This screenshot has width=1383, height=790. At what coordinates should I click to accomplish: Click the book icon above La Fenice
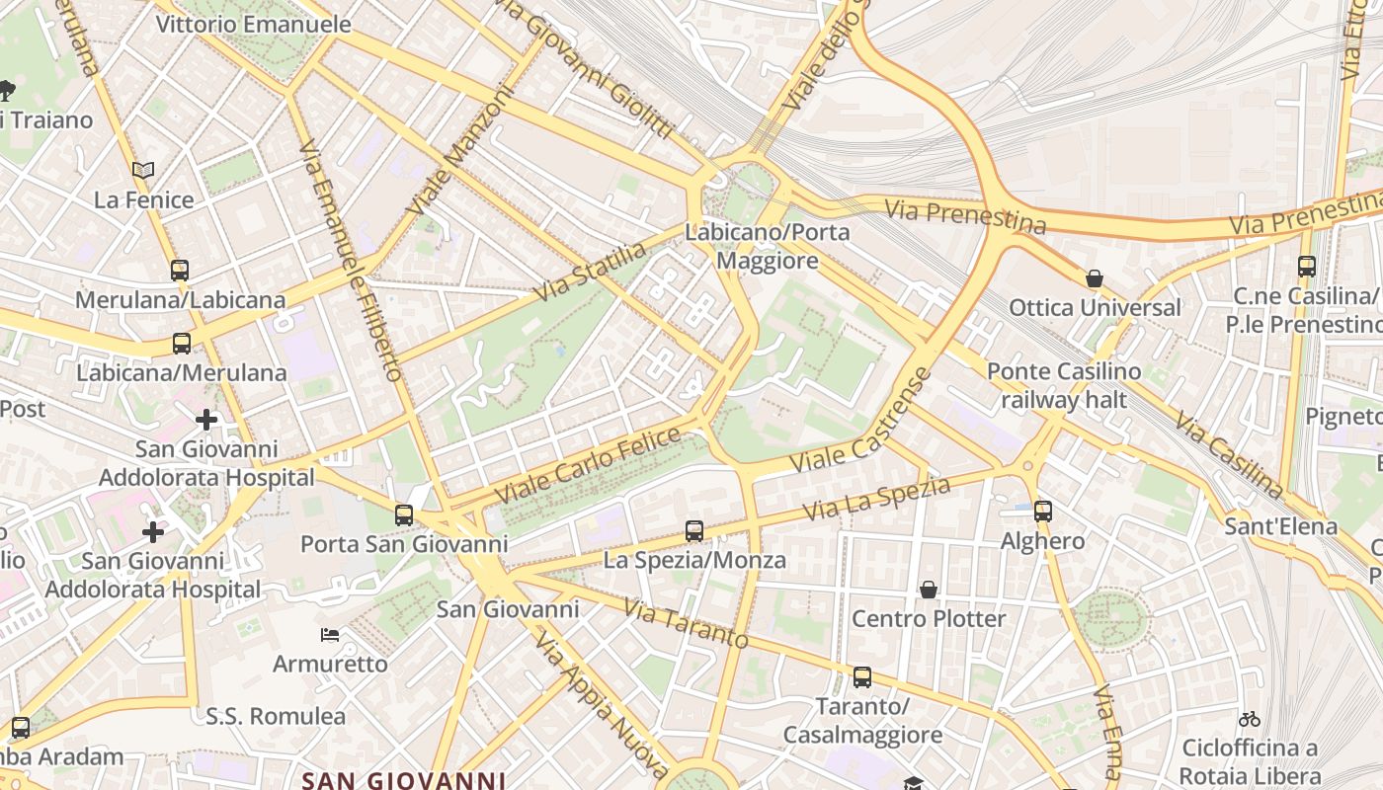point(143,170)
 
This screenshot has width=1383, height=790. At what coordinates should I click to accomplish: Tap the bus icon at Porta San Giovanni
point(403,514)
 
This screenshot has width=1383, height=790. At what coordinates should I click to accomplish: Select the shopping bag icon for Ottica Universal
point(1094,278)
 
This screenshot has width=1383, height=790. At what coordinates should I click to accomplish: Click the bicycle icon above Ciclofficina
point(1250,719)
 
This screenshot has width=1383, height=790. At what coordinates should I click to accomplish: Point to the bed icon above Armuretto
point(330,634)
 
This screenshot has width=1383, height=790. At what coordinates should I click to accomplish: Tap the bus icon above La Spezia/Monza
point(694,531)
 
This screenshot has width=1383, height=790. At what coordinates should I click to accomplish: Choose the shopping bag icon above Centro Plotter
point(929,590)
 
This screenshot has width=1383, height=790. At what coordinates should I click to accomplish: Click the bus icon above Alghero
point(1043,512)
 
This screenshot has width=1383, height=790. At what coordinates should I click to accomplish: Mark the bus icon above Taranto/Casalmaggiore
point(862,677)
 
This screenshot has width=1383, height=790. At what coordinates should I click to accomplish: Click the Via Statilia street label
point(590,273)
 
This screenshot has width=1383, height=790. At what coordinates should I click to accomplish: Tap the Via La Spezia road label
point(876,500)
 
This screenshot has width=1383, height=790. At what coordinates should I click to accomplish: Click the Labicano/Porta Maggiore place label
point(768,247)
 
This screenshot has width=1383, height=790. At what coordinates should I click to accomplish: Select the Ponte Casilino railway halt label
point(1064,385)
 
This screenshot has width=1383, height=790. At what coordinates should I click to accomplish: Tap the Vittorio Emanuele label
point(254,24)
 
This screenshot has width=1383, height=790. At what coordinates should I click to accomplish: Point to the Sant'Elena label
point(1281,525)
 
